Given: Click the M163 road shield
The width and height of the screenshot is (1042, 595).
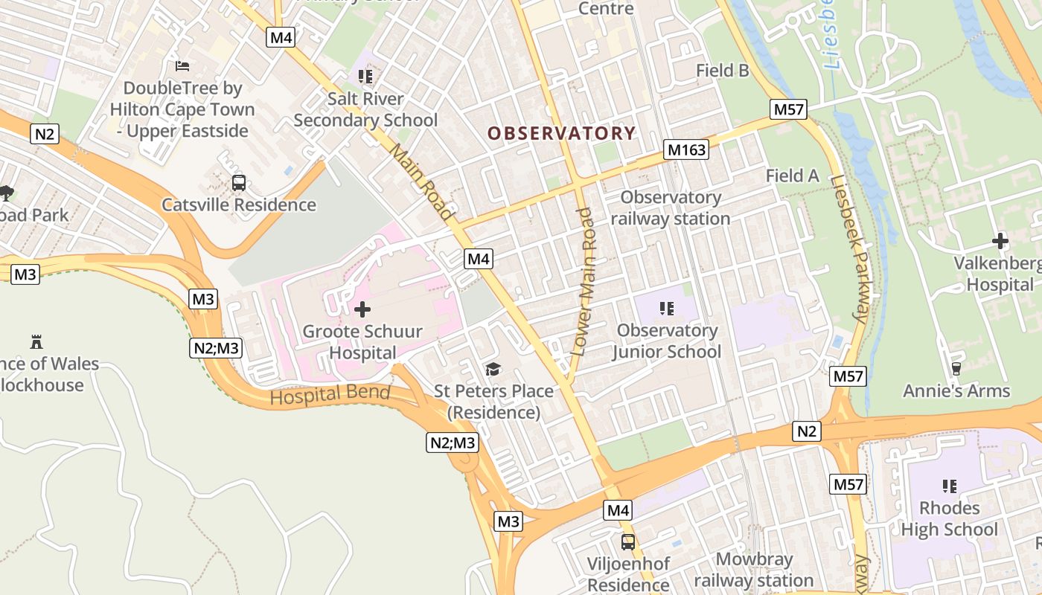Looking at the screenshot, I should (x=686, y=150).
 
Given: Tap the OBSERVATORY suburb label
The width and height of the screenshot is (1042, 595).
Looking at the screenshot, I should (x=561, y=133).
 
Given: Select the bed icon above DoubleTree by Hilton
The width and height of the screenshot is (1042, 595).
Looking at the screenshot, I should (x=182, y=66).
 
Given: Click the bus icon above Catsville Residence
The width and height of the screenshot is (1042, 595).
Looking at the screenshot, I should (x=239, y=183).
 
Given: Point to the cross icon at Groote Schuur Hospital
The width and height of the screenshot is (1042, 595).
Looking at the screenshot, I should (x=362, y=309).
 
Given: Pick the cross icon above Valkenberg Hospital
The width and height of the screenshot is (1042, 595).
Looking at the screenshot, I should (x=1000, y=241).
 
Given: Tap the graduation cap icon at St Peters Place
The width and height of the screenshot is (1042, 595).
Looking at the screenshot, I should (x=492, y=369).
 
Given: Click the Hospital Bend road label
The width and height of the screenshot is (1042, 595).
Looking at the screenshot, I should (x=330, y=395).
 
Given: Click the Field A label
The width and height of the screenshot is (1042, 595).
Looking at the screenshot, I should (x=792, y=176).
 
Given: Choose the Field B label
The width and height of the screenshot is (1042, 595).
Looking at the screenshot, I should (x=722, y=71).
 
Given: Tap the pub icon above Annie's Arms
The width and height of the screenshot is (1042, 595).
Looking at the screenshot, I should (x=956, y=368).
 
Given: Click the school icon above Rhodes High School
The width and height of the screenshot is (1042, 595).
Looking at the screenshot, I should (x=949, y=486).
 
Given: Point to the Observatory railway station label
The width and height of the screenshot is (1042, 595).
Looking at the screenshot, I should (x=670, y=208).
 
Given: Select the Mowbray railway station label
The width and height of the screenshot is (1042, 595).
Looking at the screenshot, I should (x=753, y=570).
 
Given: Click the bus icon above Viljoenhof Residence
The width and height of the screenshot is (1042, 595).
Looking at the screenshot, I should (x=628, y=541).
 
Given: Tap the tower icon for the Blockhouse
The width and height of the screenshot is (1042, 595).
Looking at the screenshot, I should (x=36, y=341).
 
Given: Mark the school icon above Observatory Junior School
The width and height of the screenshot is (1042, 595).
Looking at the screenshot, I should (x=666, y=308).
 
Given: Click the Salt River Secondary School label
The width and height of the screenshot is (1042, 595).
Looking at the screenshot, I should (x=365, y=109).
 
